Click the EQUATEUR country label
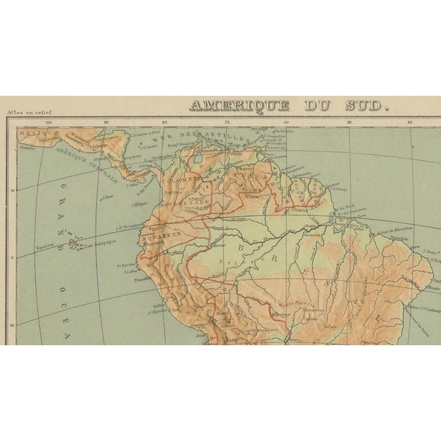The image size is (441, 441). (160, 233)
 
